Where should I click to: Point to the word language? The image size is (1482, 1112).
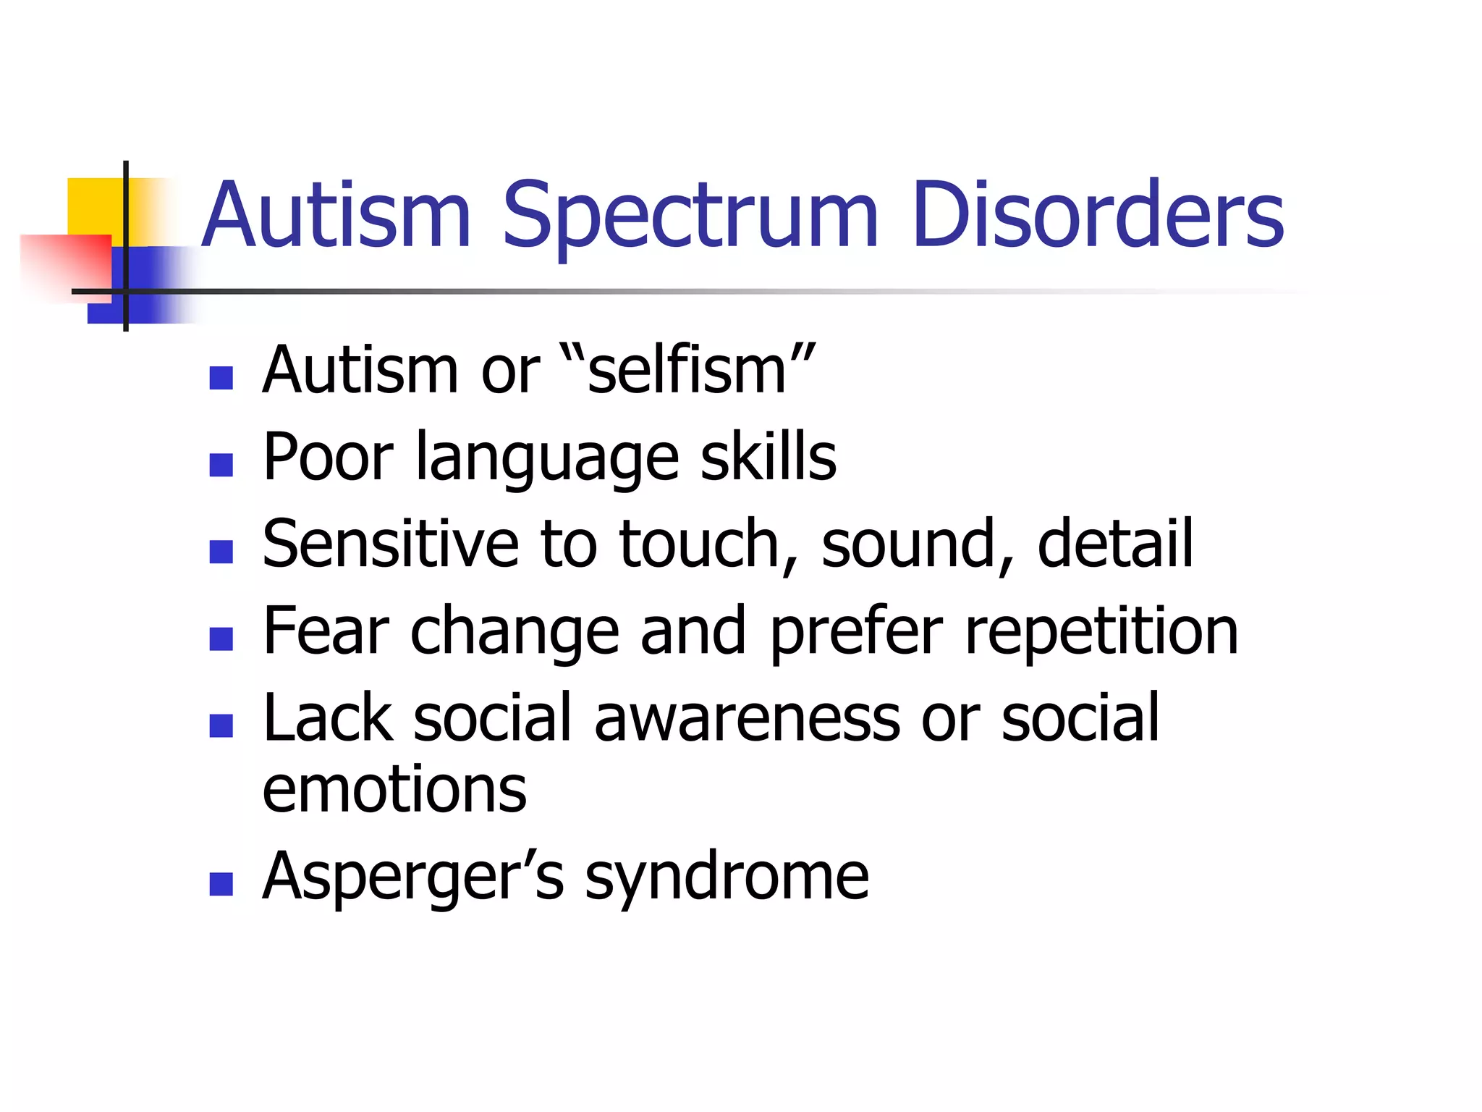coord(547,458)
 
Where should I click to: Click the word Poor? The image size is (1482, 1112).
coord(328,457)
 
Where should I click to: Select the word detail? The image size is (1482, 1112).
coord(1114,544)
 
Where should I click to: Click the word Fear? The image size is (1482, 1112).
coord(326,631)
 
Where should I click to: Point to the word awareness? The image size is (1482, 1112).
coord(748,717)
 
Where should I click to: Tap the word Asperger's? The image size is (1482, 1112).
coord(413,877)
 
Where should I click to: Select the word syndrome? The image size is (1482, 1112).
coord(727,877)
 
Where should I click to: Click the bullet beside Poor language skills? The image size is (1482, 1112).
coord(221,464)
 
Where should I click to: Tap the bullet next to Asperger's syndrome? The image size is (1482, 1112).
coord(221,884)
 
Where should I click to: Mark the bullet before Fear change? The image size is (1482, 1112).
coord(221,638)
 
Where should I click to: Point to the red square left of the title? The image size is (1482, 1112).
coord(65,261)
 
